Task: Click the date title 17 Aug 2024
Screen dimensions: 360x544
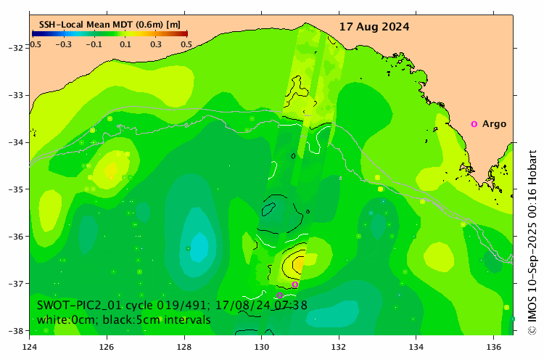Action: pyautogui.click(x=374, y=27)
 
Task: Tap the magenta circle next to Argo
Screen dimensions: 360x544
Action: pyautogui.click(x=474, y=124)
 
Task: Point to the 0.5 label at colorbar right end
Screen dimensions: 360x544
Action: pyautogui.click(x=186, y=44)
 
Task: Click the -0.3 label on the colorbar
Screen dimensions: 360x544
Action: pyautogui.click(x=64, y=44)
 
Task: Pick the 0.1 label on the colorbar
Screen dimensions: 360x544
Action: pyautogui.click(x=125, y=44)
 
